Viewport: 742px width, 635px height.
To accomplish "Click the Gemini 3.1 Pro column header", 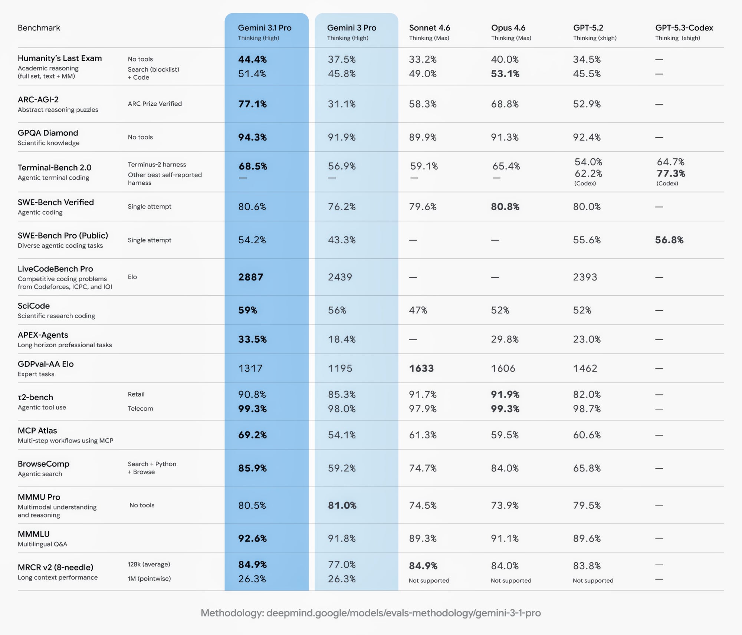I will (265, 28).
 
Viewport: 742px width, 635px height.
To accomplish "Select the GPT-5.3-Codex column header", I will (684, 28).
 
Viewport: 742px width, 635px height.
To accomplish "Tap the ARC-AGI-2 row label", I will (38, 99).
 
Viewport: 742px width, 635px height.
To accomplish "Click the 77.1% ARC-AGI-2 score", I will (252, 104).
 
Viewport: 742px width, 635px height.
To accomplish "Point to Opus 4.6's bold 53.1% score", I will (505, 74).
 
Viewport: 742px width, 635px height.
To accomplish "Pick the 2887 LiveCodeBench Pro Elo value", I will (250, 277).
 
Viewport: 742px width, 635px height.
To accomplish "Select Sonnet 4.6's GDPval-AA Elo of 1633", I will (421, 368).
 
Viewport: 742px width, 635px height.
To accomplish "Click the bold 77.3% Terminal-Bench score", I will (671, 173).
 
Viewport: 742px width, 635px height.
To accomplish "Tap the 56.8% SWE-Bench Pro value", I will (669, 240).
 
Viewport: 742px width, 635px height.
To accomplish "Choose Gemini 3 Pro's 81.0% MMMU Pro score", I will (342, 505).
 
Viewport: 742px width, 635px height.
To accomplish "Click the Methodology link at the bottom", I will (371, 613).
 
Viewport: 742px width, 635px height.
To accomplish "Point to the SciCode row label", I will (34, 306).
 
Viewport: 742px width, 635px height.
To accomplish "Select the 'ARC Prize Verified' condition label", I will (155, 104).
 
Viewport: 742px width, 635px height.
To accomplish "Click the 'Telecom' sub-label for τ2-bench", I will (140, 408).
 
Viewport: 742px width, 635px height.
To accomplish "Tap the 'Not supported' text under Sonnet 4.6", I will (429, 580).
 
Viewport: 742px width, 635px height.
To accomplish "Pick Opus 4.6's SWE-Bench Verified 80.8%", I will (505, 207).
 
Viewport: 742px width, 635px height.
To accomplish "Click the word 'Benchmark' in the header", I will (39, 28).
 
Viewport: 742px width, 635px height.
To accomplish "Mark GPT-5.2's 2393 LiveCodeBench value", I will (585, 277).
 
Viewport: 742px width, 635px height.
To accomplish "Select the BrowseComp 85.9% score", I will (252, 468).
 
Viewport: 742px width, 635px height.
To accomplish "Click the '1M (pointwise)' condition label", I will (149, 579).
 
